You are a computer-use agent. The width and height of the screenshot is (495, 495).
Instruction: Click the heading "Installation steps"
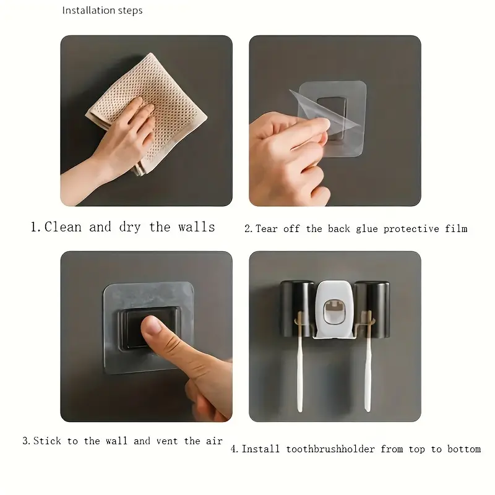click(102, 11)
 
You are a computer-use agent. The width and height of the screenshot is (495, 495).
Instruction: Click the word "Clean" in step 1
click(63, 227)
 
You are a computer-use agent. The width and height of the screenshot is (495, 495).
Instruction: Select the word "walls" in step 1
click(196, 227)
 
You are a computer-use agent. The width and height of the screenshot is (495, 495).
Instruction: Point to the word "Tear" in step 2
click(267, 228)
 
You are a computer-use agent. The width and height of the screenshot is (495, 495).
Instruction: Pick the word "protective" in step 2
click(411, 229)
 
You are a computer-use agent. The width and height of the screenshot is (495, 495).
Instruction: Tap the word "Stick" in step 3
click(47, 441)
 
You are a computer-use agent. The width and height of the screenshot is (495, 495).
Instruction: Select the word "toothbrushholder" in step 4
click(330, 449)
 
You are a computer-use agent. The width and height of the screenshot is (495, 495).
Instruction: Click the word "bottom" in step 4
click(464, 449)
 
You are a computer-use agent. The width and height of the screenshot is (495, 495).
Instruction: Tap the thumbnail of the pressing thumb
click(152, 325)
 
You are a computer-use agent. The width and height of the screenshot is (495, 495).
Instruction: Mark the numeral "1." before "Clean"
click(36, 227)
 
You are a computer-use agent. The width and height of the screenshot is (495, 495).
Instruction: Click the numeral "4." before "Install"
click(235, 449)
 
